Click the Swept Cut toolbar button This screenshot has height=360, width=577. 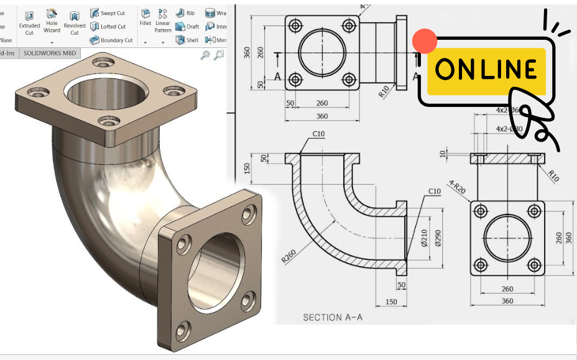[x=108, y=13]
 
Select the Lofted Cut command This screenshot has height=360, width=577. [x=108, y=27]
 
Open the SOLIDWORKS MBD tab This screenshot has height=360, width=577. [x=50, y=53]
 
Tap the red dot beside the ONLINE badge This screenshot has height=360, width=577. [x=425, y=41]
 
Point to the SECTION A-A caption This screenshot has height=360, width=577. [x=333, y=318]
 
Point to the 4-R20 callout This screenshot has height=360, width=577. [x=457, y=187]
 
